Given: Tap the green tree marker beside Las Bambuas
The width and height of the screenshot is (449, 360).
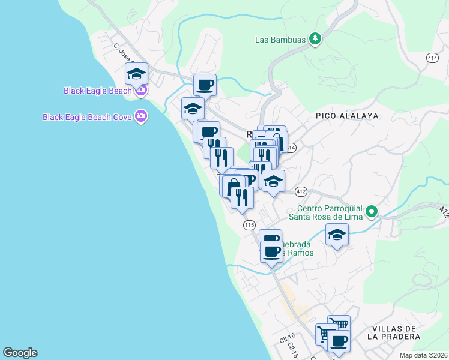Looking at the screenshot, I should pyautogui.click(x=315, y=40).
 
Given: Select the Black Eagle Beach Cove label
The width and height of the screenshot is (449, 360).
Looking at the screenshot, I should pyautogui.click(x=87, y=117).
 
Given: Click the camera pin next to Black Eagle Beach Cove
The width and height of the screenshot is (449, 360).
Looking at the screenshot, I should pyautogui.click(x=141, y=115).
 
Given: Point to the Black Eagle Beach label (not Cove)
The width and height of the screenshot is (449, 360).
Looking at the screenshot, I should pyautogui.click(x=98, y=91).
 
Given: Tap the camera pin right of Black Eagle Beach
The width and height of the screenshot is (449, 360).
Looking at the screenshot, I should pyautogui.click(x=142, y=91).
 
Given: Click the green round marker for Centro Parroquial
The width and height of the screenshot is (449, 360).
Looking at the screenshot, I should pyautogui.click(x=372, y=211).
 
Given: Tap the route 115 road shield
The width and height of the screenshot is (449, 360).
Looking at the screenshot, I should pyautogui.click(x=250, y=224).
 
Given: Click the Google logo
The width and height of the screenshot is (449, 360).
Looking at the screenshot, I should pyautogui.click(x=20, y=353).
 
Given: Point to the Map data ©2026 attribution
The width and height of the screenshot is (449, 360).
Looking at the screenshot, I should pyautogui.click(x=423, y=355).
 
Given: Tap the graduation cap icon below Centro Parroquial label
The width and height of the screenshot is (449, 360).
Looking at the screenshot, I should pyautogui.click(x=337, y=235).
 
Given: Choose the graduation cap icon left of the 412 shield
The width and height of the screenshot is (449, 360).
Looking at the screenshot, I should pyautogui.click(x=273, y=181).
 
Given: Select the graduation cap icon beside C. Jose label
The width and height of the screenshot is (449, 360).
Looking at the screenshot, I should pyautogui.click(x=137, y=74).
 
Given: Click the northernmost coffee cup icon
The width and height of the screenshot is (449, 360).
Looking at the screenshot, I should pyautogui.click(x=205, y=85).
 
